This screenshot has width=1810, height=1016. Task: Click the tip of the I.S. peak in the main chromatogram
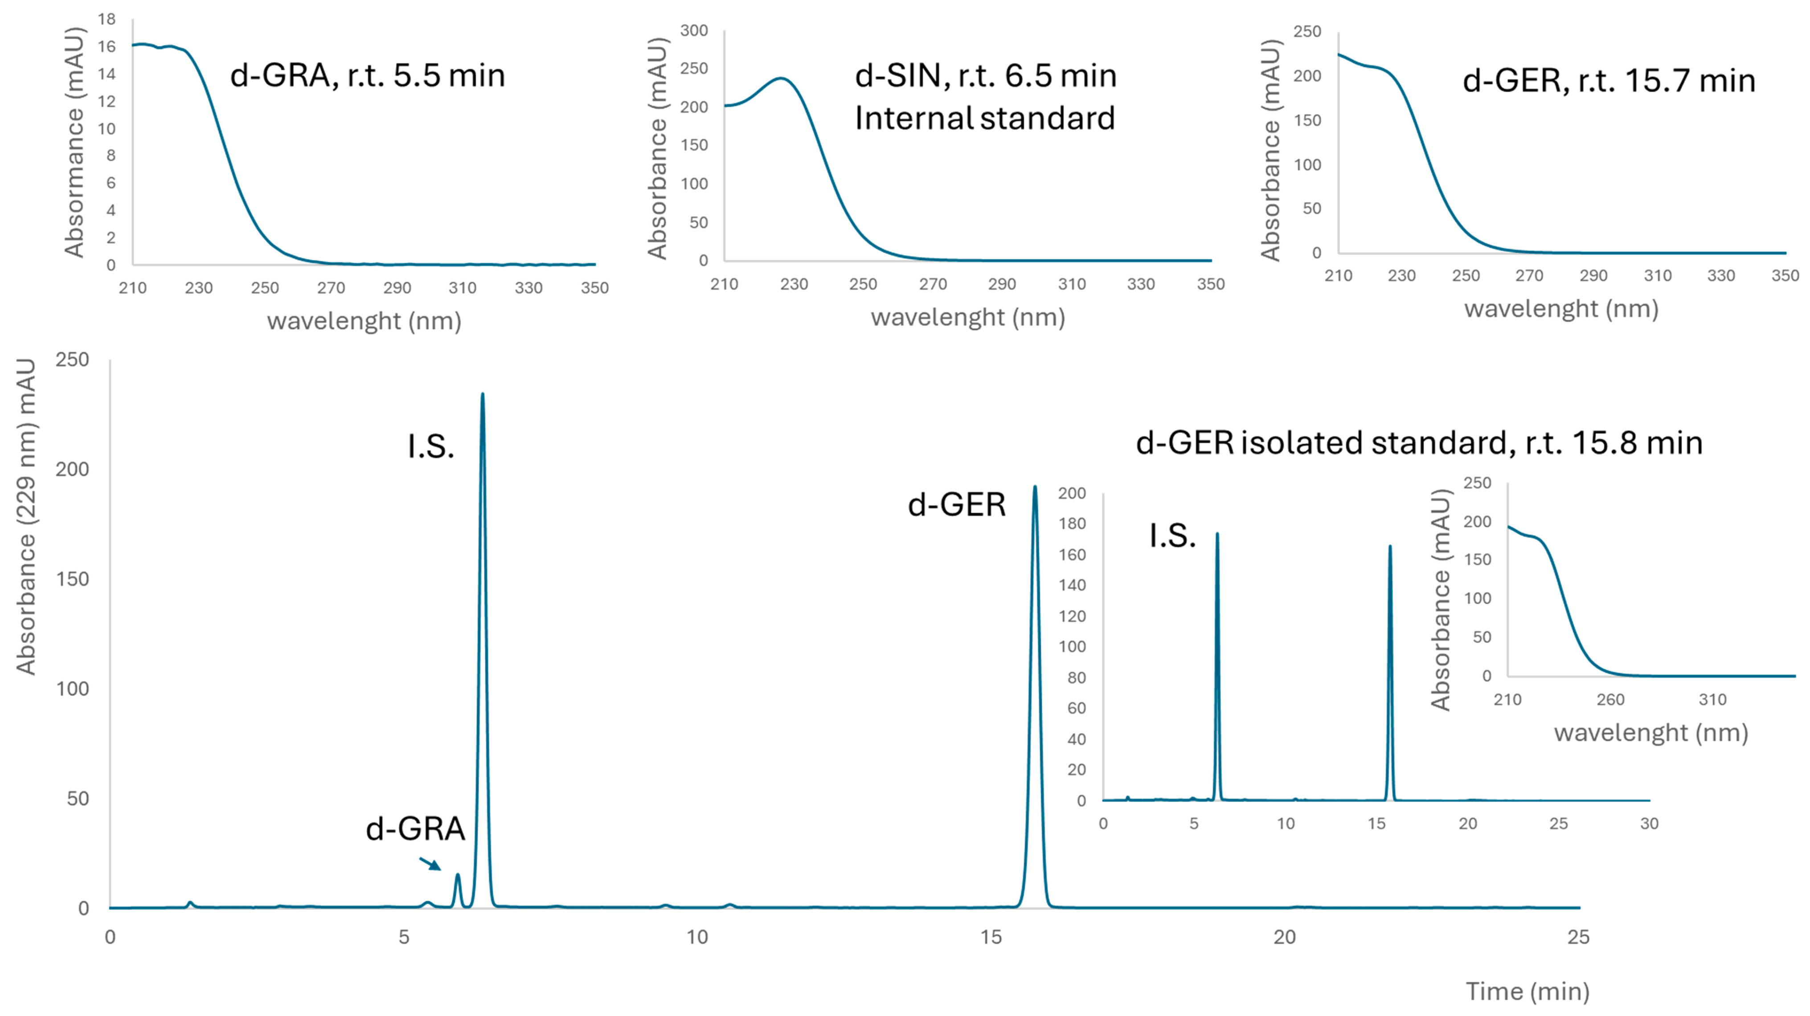point(482,395)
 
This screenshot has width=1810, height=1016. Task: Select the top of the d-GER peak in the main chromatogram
point(1034,488)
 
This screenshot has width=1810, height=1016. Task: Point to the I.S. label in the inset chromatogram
point(1172,536)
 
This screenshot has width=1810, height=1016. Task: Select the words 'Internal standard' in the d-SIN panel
point(984,118)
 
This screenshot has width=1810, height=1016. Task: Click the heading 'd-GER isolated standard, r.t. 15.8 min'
point(1419,442)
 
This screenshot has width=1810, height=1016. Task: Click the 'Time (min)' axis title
point(1527,991)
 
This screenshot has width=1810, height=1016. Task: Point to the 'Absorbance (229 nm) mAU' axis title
point(26,516)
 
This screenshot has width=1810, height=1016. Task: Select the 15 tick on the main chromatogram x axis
point(991,937)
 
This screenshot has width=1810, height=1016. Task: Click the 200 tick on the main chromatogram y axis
point(72,469)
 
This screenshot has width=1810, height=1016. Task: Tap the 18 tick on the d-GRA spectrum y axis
point(107,20)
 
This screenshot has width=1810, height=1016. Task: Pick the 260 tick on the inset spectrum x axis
point(1610,700)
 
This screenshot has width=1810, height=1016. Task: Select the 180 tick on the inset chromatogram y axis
point(1072,524)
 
